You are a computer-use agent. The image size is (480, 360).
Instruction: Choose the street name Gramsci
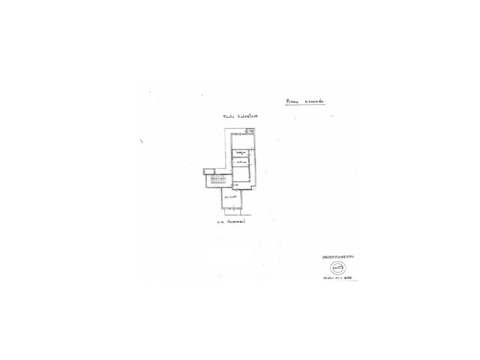click(x=237, y=222)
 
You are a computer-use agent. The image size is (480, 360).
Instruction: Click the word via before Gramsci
click(x=220, y=222)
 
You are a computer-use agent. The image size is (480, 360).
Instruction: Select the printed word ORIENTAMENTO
click(x=337, y=257)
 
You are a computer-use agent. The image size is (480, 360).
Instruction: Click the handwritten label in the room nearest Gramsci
click(x=229, y=196)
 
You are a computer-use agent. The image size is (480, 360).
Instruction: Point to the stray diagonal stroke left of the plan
click(x=141, y=140)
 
